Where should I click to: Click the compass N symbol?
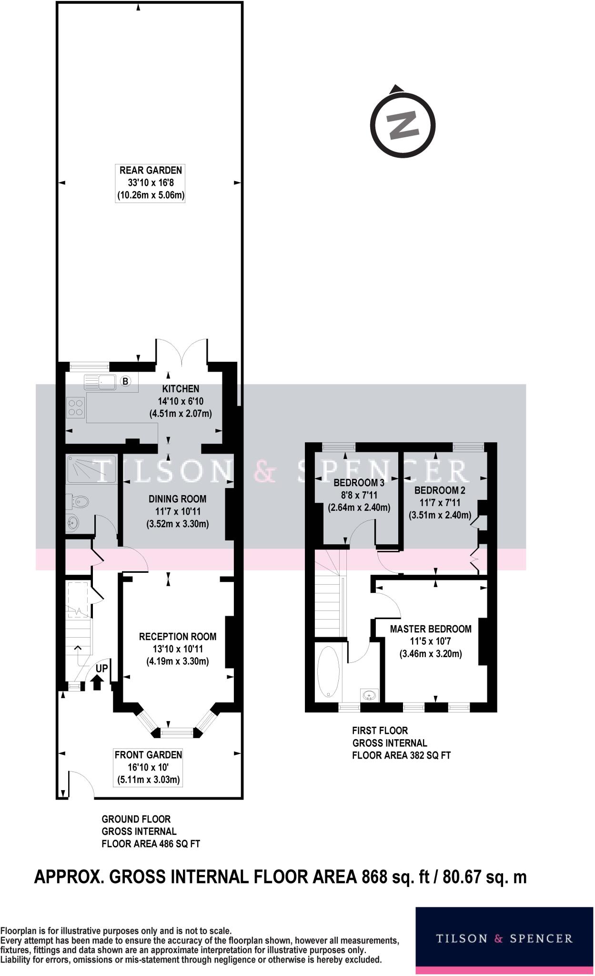403,125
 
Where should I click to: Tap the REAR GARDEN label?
151,170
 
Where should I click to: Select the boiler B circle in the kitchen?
125,381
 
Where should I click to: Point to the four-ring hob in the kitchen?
76,407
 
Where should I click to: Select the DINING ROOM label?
177,499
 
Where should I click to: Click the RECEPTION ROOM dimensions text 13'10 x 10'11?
177,649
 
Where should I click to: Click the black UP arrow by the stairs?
97,683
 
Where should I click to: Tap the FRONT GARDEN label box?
148,767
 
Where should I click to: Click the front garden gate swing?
80,785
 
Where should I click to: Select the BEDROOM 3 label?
359,483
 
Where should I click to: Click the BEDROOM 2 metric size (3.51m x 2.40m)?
440,515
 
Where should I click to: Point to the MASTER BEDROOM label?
431,629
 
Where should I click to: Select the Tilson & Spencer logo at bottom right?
504,938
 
